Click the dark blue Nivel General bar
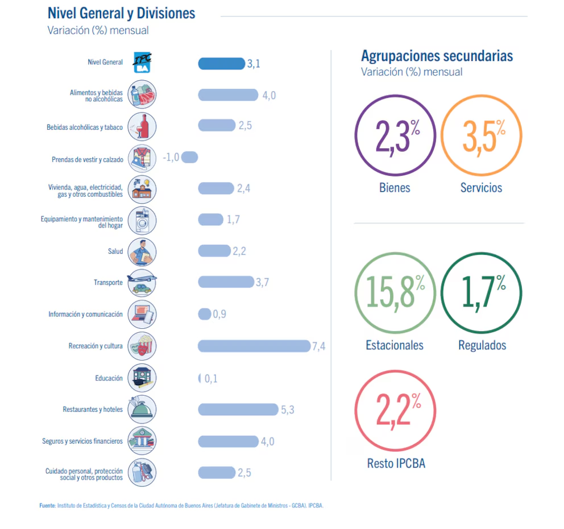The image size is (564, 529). [221, 64]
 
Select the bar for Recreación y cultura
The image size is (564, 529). [254, 346]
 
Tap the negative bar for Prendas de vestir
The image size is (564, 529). [190, 157]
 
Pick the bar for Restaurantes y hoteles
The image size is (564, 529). [238, 409]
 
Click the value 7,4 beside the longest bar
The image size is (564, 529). [318, 346]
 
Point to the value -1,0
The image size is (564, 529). [171, 157]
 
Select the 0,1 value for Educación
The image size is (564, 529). [211, 378]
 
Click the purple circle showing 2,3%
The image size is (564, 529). [395, 136]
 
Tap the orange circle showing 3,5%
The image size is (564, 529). [481, 136]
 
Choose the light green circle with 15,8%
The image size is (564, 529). [395, 293]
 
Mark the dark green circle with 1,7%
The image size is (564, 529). [481, 293]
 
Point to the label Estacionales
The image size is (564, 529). [395, 345]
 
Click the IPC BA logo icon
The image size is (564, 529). [142, 63]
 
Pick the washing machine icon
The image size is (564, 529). [142, 220]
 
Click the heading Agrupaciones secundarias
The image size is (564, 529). [437, 56]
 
